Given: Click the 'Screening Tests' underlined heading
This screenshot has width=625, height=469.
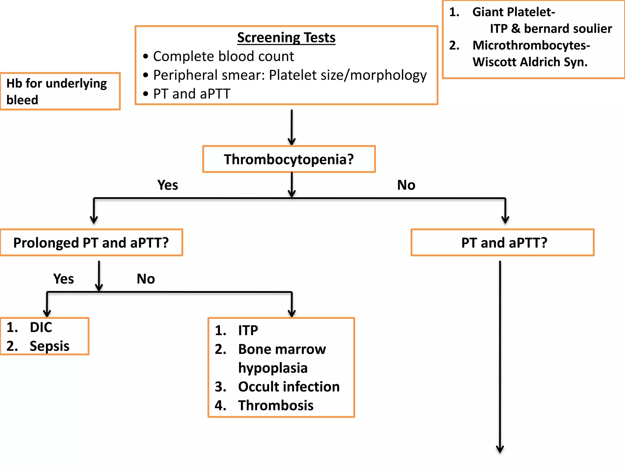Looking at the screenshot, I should click(x=286, y=38).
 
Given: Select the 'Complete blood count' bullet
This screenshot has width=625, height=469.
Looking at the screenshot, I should click(x=223, y=56).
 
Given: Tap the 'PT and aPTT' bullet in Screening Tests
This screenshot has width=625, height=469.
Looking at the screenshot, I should click(x=192, y=94).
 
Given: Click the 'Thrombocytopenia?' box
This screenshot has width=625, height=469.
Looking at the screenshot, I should click(x=289, y=159).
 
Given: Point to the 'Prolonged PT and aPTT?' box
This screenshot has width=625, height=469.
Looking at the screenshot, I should click(x=91, y=242).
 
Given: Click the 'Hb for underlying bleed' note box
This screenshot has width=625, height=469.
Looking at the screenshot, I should click(x=60, y=91).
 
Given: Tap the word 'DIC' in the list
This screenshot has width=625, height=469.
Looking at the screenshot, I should click(x=41, y=327).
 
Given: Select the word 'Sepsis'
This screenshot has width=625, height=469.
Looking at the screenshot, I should click(x=49, y=346).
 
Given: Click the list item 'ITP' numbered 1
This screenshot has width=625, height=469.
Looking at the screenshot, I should click(x=248, y=330).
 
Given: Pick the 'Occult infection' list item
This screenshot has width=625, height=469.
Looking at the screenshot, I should click(x=289, y=387).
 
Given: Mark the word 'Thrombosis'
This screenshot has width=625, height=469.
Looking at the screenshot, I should click(x=276, y=405).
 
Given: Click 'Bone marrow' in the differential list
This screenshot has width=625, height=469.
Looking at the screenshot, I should click(x=282, y=349).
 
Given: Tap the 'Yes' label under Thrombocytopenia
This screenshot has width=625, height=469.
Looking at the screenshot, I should click(x=168, y=185).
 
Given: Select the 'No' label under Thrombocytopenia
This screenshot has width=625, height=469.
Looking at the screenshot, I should click(x=406, y=185).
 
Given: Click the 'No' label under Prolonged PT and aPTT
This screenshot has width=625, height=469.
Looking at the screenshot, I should click(x=146, y=279).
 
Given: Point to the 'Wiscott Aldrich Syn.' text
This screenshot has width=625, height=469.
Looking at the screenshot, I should click(x=530, y=62).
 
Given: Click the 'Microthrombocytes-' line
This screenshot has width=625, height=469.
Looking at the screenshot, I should click(x=531, y=45).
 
